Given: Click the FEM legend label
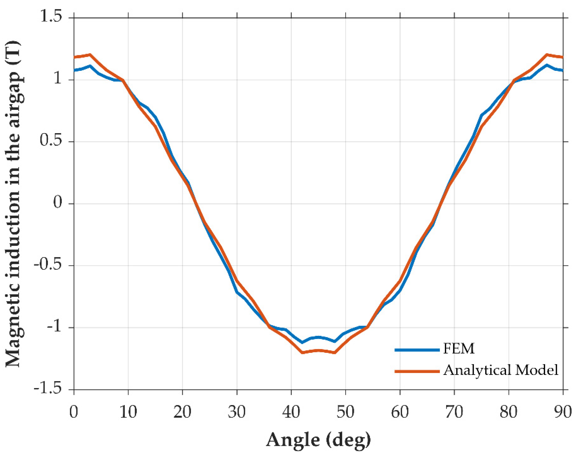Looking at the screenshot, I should click(x=459, y=348).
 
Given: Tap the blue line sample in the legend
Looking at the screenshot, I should click(x=417, y=350).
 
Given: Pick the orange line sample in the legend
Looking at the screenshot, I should click(x=417, y=371).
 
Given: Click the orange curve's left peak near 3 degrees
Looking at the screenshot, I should click(x=90, y=54).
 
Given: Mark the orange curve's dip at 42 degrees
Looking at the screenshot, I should click(x=302, y=352).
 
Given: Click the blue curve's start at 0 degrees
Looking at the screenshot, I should click(x=74, y=70).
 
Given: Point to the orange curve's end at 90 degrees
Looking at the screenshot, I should click(x=562, y=57).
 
